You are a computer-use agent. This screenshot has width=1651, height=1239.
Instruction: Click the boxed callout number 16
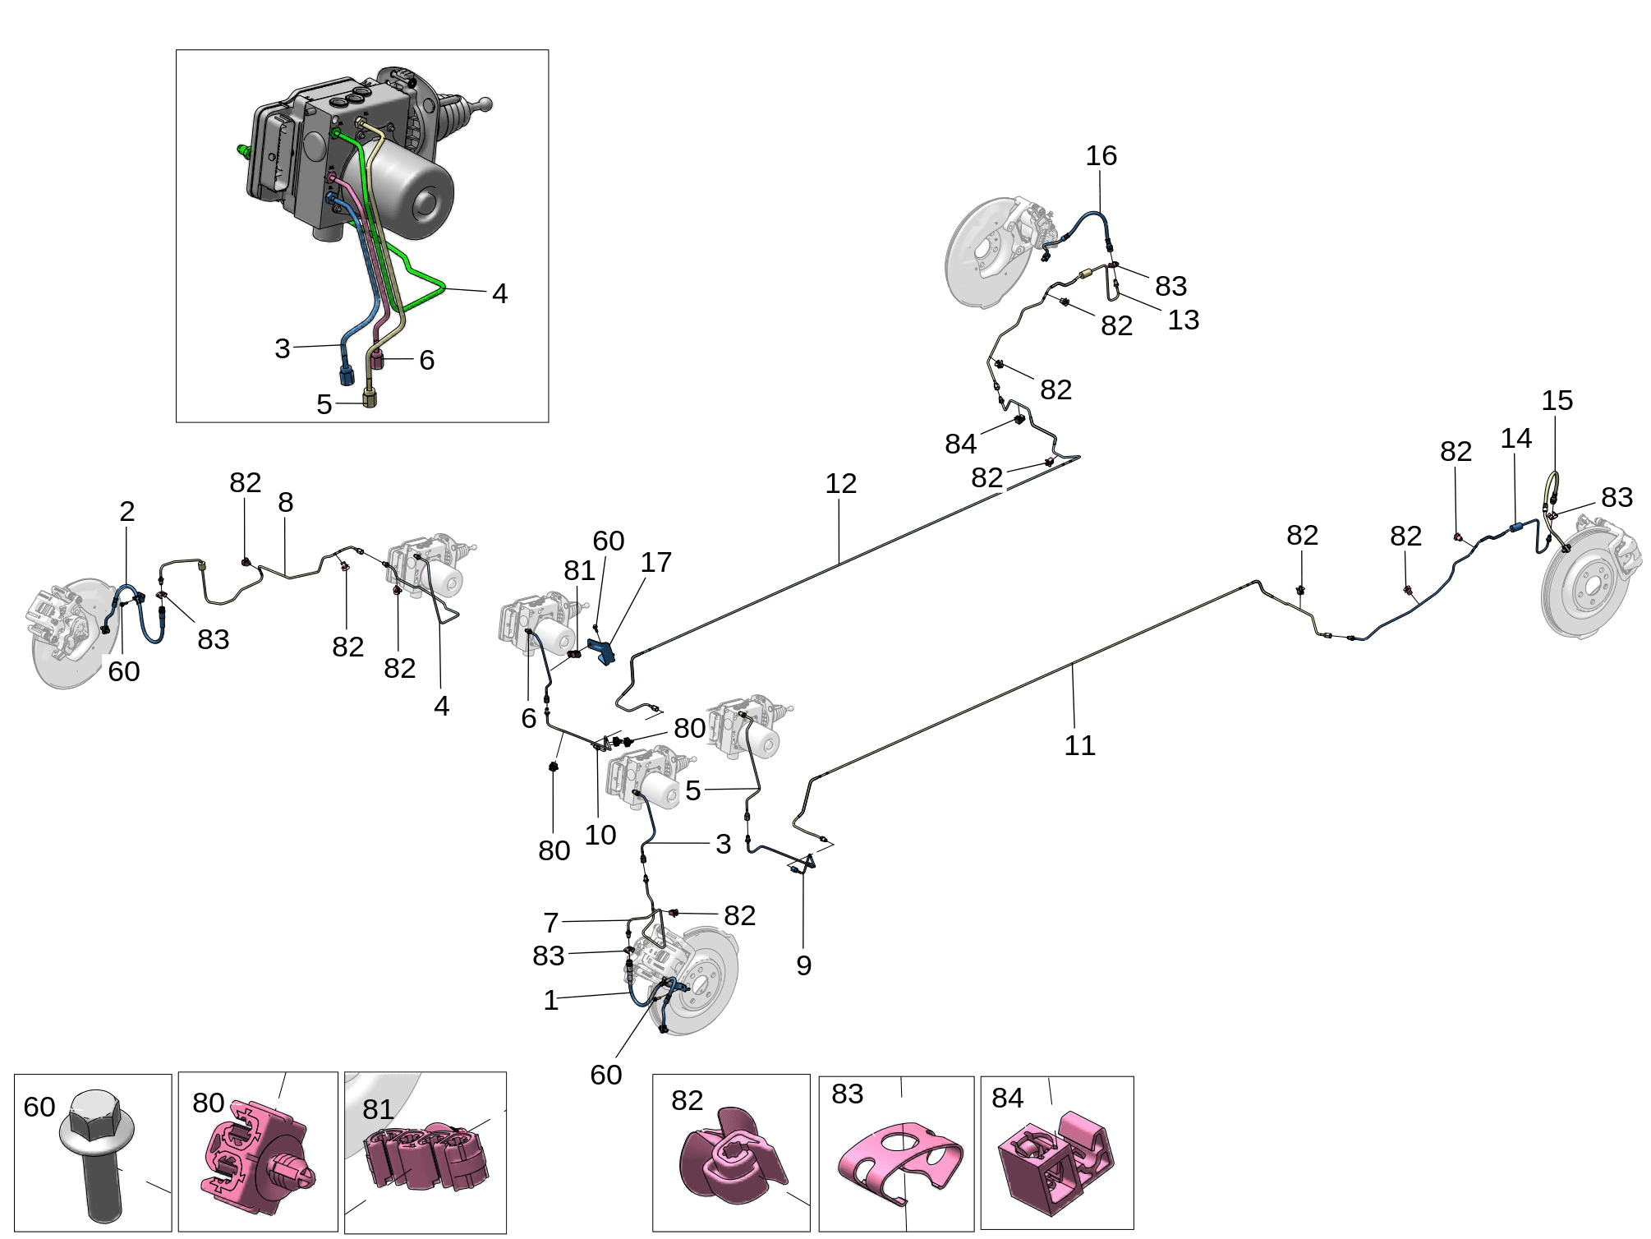[1101, 155]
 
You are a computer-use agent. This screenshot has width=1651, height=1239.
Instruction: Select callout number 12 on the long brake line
[840, 484]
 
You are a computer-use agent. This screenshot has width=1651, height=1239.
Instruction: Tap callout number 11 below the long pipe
[1079, 746]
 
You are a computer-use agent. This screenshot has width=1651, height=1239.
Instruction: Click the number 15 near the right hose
[1557, 401]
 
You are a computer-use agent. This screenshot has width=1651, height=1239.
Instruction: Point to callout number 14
[1515, 439]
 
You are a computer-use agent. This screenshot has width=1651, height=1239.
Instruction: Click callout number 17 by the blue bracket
[655, 563]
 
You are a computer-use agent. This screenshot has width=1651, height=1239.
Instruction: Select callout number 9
[803, 966]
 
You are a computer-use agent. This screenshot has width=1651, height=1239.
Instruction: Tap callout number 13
[1183, 320]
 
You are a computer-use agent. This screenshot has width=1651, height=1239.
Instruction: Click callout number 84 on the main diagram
[960, 444]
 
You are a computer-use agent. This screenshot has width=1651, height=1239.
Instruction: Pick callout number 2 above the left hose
[126, 512]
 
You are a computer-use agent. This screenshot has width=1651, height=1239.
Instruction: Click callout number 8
[285, 503]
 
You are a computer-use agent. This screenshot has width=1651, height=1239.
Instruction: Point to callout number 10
[600, 836]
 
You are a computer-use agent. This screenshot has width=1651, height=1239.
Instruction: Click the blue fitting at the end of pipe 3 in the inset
[347, 374]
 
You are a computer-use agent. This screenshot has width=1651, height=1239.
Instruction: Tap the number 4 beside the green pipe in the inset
[499, 294]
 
